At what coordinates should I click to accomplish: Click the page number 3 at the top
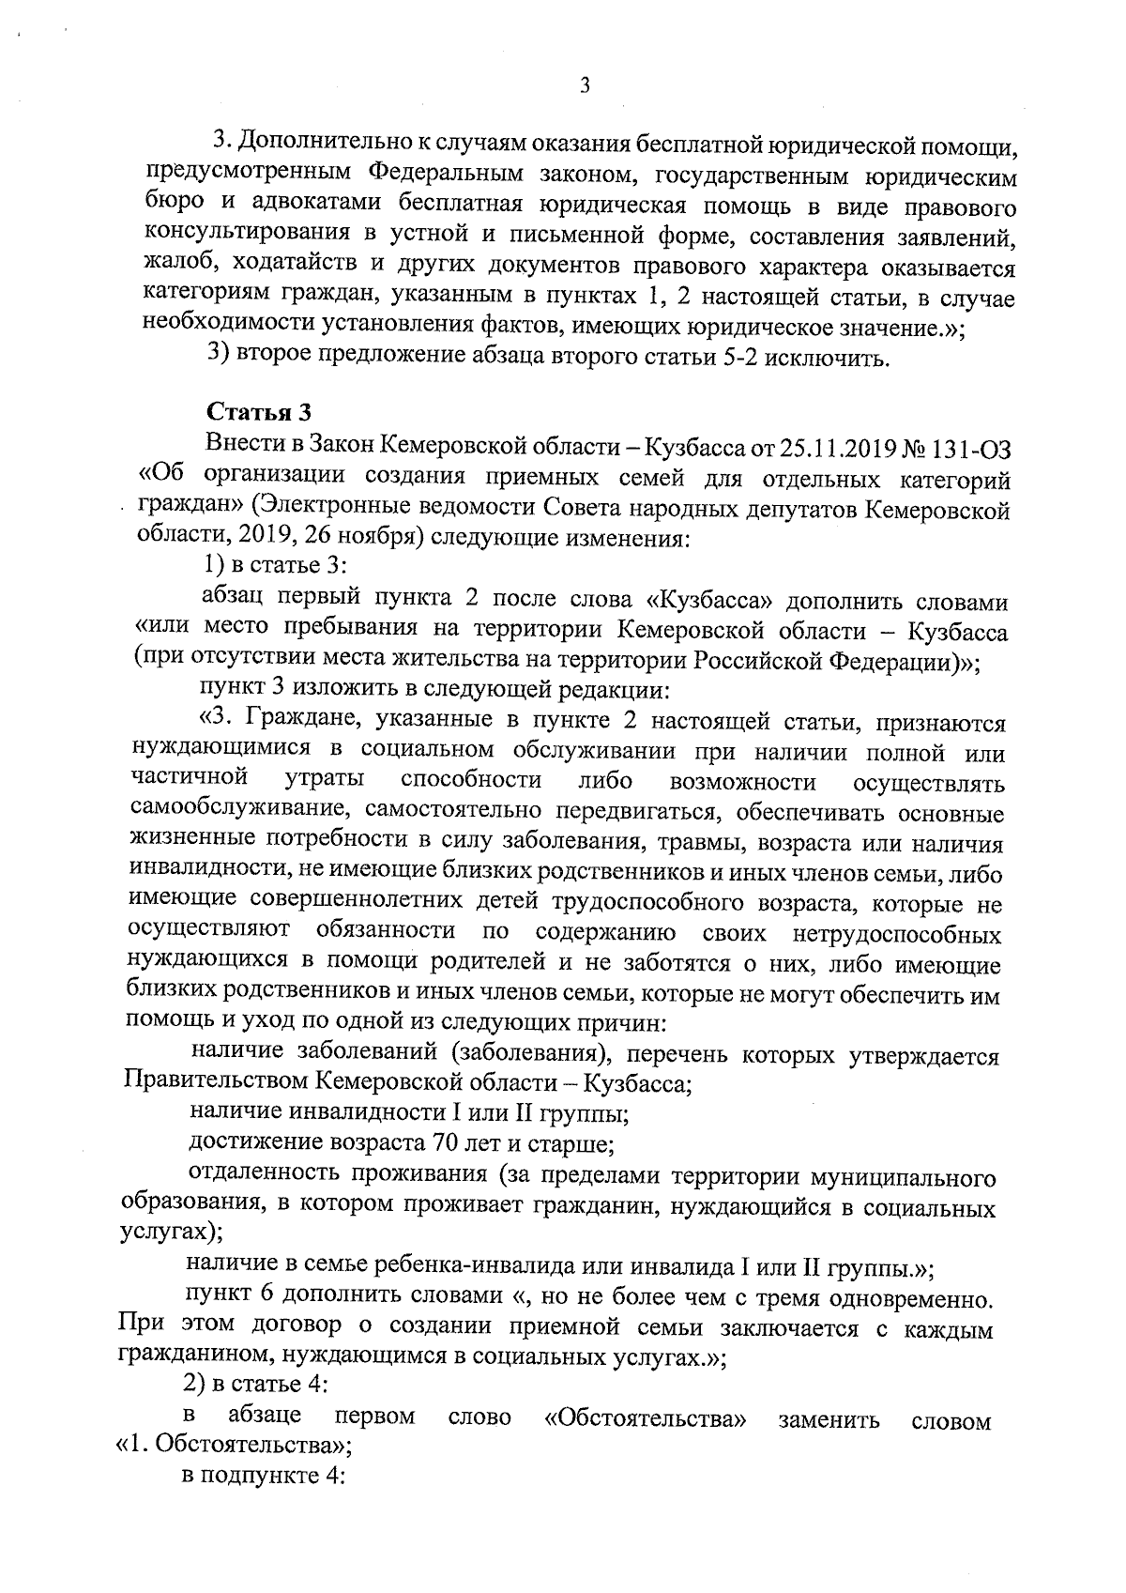[585, 86]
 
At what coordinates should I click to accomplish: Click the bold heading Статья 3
[258, 412]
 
